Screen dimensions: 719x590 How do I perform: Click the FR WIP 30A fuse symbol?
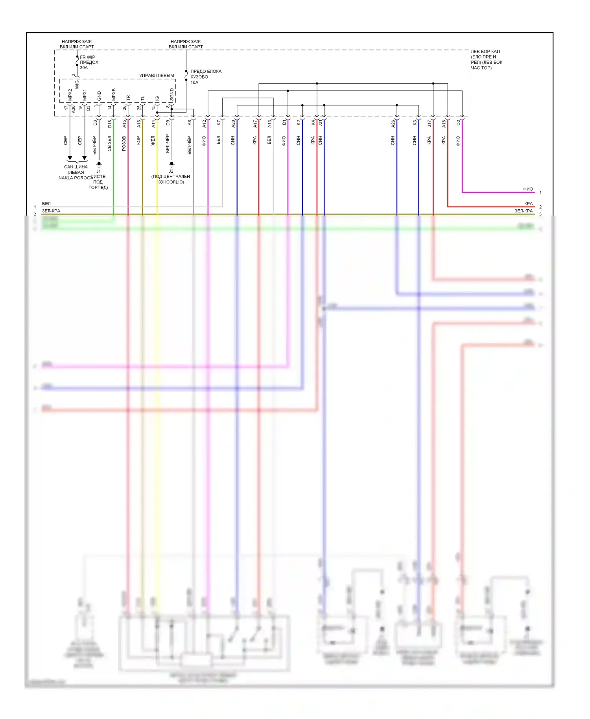77,62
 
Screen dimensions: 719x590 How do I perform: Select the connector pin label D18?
110,124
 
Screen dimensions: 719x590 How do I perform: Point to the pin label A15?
124,124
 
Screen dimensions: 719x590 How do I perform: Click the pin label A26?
393,124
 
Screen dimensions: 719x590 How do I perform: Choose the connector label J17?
429,124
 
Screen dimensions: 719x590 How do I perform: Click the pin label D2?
458,123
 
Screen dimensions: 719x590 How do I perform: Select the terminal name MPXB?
114,94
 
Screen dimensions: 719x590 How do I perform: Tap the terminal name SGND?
171,94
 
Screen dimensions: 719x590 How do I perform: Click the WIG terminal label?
77,85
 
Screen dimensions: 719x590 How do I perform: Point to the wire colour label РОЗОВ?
124,144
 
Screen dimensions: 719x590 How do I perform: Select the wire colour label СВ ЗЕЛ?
110,144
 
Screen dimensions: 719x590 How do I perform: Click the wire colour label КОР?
138,140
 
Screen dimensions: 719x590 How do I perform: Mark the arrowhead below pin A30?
70,158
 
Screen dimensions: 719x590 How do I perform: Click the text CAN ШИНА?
76,167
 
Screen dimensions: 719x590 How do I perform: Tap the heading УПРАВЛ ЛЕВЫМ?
157,76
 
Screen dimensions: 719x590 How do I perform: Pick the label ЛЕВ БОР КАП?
485,52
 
